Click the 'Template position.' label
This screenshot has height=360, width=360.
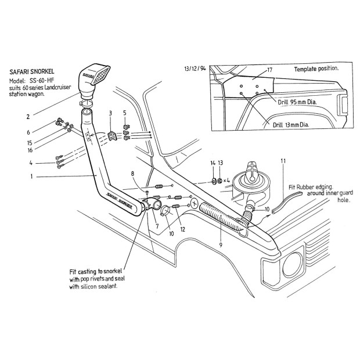coord(316,69)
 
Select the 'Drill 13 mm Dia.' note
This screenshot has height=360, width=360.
coord(291,124)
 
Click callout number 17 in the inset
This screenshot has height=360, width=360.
coord(269,70)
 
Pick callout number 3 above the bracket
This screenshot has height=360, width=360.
coord(110,112)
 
